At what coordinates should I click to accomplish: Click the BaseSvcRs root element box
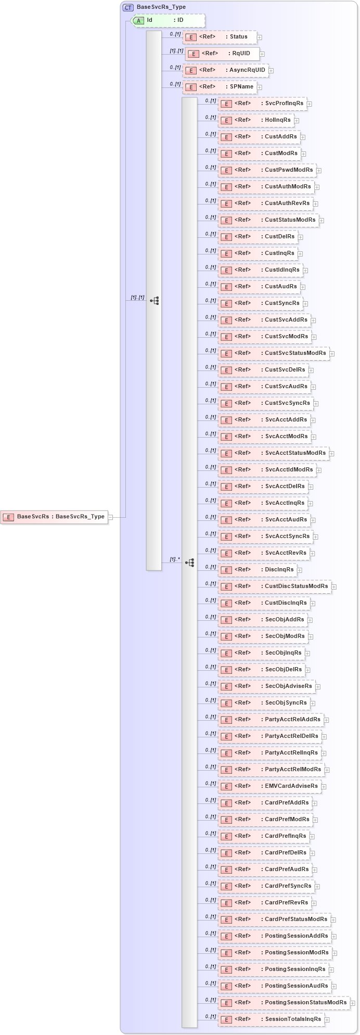pos(54,517)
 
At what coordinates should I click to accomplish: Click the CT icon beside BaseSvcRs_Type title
pos(128,7)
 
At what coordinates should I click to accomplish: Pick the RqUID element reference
pos(222,54)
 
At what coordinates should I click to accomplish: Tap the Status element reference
pos(220,37)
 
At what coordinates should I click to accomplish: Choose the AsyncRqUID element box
pos(225,70)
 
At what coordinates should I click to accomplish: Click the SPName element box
pos(220,87)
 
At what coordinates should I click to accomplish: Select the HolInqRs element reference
pos(255,120)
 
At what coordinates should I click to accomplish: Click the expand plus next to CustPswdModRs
pos(319,170)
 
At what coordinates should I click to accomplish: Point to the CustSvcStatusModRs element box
pos(273,353)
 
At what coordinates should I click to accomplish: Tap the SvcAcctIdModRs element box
pos(267,470)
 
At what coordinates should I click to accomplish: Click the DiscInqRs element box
pos(257,570)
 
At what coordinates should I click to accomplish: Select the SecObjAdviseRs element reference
pos(266,686)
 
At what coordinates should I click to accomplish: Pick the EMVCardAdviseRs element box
pos(269,786)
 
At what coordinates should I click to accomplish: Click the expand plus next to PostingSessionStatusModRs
pos(352,1003)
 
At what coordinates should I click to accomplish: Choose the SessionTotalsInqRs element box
pos(271,1019)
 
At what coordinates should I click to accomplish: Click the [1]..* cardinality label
pos(175,559)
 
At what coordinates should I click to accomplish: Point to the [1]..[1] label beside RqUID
pos(176,51)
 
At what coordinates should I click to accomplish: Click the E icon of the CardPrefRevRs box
pos(226,903)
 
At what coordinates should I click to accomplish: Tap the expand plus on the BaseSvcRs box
pos(110,517)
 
